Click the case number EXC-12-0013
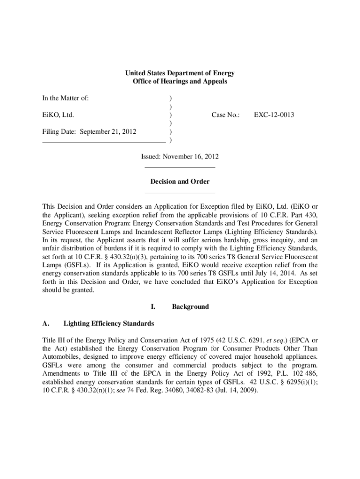tap(274, 115)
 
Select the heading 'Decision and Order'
tap(180, 181)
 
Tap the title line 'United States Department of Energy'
tap(180, 73)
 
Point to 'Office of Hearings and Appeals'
tap(180, 81)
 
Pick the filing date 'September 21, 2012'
tap(108, 131)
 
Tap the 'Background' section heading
tap(190, 307)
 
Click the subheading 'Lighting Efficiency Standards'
tap(108, 323)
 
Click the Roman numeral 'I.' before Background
tap(152, 307)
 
